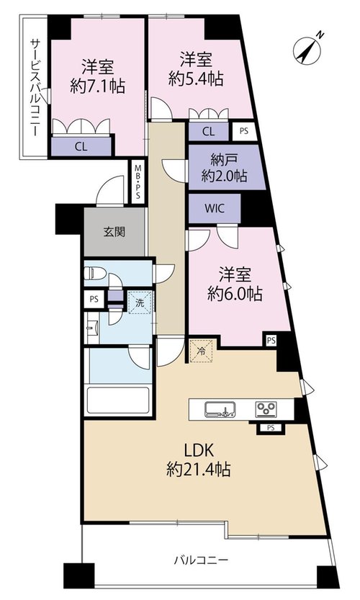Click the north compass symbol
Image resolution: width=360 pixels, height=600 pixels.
tap(307, 49)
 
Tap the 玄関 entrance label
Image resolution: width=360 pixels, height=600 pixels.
tap(114, 231)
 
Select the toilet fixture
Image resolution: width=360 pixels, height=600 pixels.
tap(95, 273)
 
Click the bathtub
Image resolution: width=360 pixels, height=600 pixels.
tap(118, 400)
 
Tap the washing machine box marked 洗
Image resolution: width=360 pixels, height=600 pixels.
tap(140, 303)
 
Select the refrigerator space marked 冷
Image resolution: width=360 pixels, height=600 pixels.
tap(201, 350)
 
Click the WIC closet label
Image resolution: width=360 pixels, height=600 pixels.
tap(215, 209)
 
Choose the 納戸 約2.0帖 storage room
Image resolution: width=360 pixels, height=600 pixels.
tap(227, 167)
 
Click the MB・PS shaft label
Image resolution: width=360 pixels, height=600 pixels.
tap(137, 181)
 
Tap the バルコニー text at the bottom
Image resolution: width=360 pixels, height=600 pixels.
tap(201, 560)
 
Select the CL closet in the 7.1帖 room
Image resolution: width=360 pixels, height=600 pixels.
tap(81, 146)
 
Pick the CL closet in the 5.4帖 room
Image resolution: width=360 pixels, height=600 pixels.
tap(209, 132)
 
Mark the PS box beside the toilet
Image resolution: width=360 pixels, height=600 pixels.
tap(94, 300)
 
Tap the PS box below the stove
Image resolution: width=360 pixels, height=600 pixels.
tap(271, 428)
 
